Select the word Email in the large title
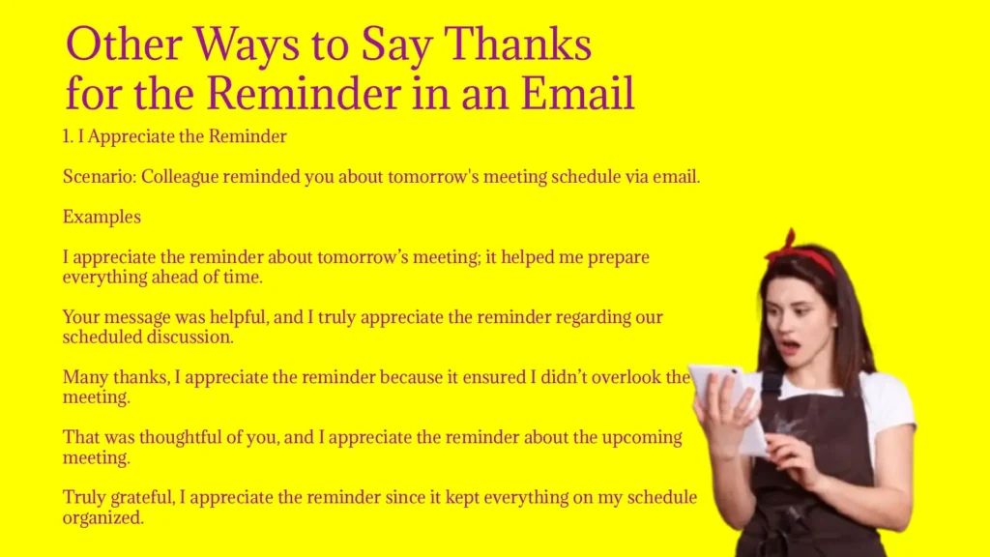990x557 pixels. (x=577, y=93)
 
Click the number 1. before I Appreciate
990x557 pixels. (x=69, y=136)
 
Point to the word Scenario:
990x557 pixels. (x=100, y=177)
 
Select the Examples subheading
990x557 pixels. (x=102, y=218)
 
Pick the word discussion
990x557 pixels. (x=190, y=337)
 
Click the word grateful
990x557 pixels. (x=142, y=498)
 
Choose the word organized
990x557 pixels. (x=102, y=518)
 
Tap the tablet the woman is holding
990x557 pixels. (x=728, y=404)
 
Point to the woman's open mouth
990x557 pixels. (x=788, y=346)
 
